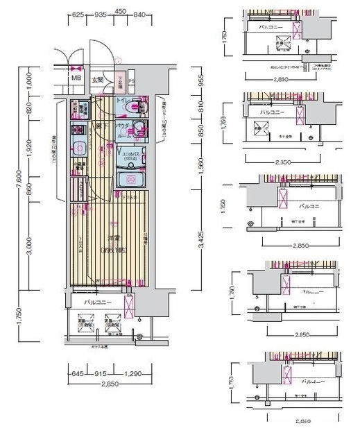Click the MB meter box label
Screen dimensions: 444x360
[x=76, y=79]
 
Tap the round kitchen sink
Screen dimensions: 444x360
[x=79, y=148]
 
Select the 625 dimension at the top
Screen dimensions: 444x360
[x=78, y=14]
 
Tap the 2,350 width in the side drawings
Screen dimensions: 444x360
[x=282, y=164]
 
